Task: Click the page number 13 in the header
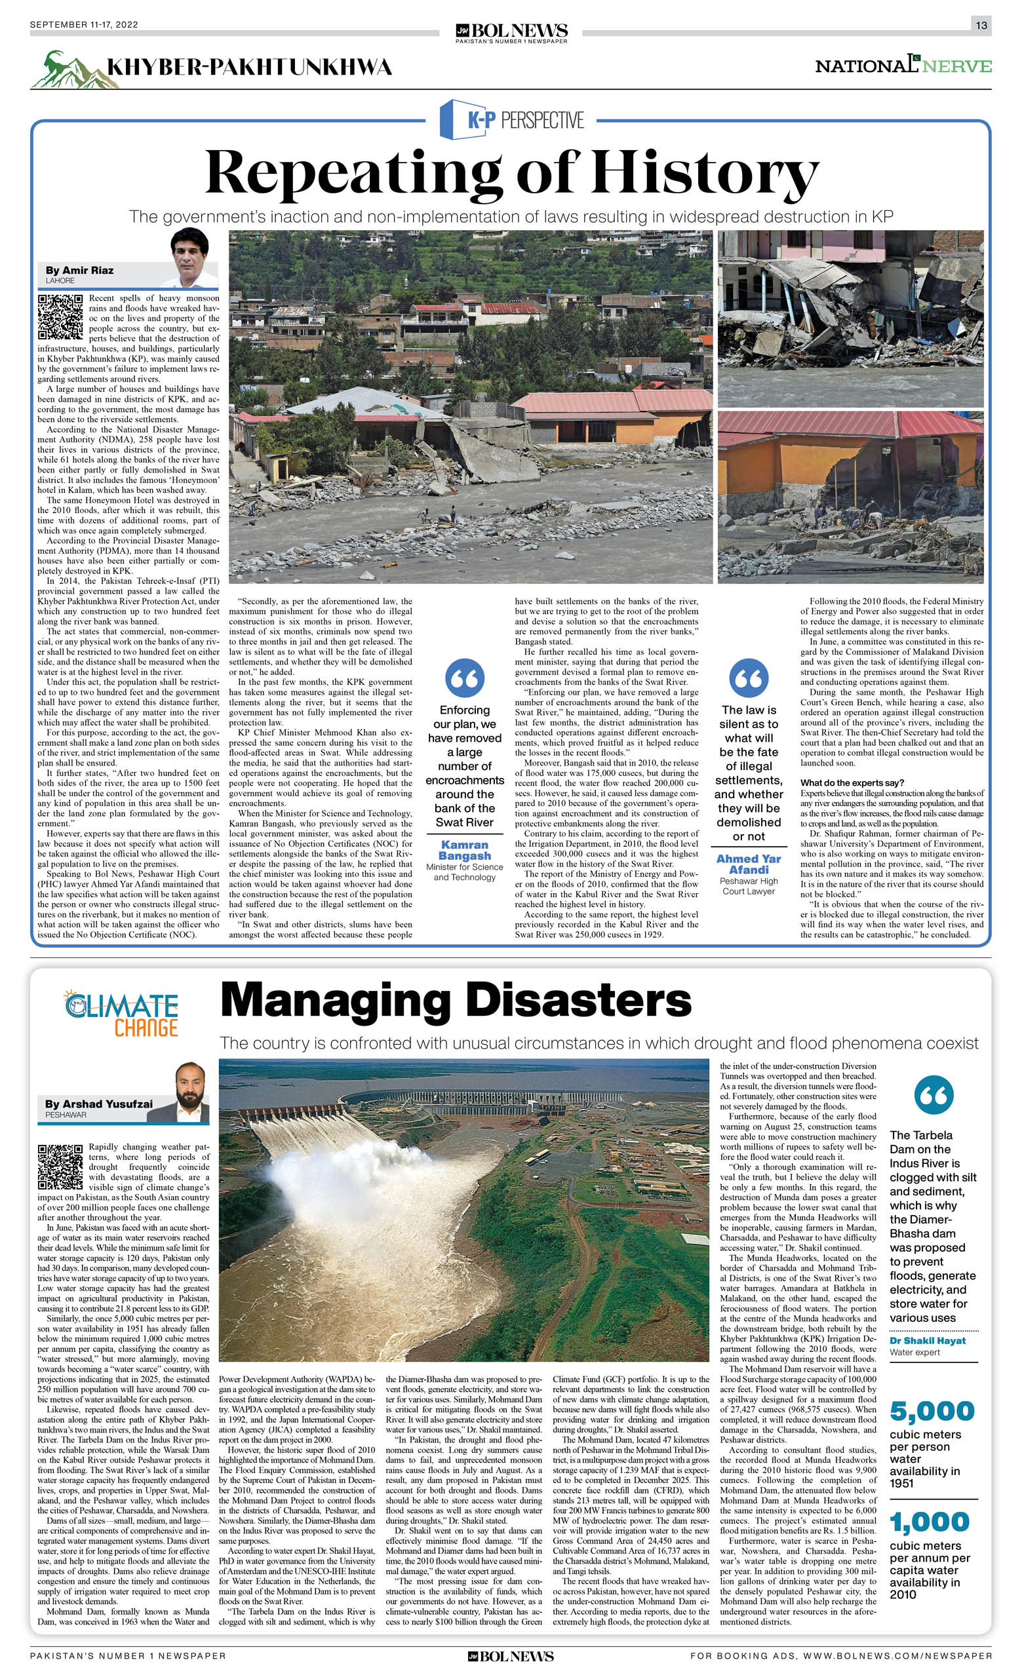click(981, 25)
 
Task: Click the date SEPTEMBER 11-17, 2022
click(84, 24)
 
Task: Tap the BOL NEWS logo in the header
click(511, 31)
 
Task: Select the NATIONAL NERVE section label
click(903, 66)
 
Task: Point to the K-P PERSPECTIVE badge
click(511, 120)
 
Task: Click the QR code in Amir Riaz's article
click(60, 317)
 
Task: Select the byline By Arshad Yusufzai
click(99, 1103)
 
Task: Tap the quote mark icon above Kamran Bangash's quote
click(464, 677)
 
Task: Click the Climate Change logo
click(121, 1012)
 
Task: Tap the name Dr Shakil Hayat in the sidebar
click(928, 1340)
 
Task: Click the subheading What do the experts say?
click(852, 782)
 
